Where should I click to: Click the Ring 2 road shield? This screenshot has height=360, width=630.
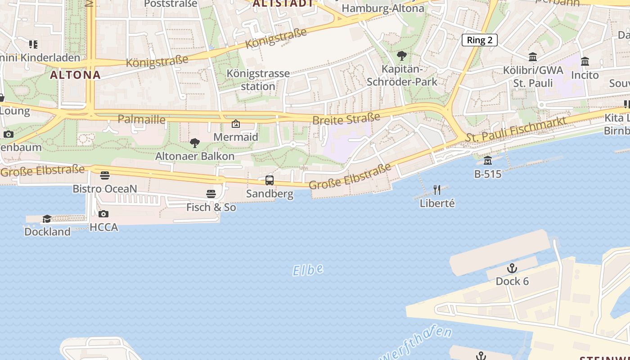tap(479, 40)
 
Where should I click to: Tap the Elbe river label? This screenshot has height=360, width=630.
tap(308, 270)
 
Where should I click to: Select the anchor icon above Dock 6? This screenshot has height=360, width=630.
tap(512, 269)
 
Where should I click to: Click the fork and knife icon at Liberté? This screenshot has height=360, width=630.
tap(437, 189)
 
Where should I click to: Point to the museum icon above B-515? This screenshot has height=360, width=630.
tap(488, 160)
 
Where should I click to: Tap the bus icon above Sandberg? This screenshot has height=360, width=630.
tap(270, 180)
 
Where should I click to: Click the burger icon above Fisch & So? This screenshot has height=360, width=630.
tap(211, 194)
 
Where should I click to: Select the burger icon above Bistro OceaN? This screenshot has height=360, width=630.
tap(105, 175)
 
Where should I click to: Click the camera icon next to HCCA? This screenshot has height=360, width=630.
tap(103, 214)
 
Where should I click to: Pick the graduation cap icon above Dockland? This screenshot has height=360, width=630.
tap(47, 219)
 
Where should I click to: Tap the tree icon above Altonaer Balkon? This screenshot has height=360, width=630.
tap(195, 143)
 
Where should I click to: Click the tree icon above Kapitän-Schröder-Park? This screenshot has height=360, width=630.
tap(402, 56)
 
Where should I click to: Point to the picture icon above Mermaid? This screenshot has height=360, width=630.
tap(235, 124)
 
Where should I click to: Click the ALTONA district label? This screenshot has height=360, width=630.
tap(75, 75)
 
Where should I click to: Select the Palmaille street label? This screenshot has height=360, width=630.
tap(141, 119)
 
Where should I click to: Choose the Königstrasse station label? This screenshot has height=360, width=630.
tap(258, 80)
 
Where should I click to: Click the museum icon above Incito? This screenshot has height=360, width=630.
tap(585, 61)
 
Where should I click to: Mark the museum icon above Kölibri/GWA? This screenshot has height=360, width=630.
tap(533, 57)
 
